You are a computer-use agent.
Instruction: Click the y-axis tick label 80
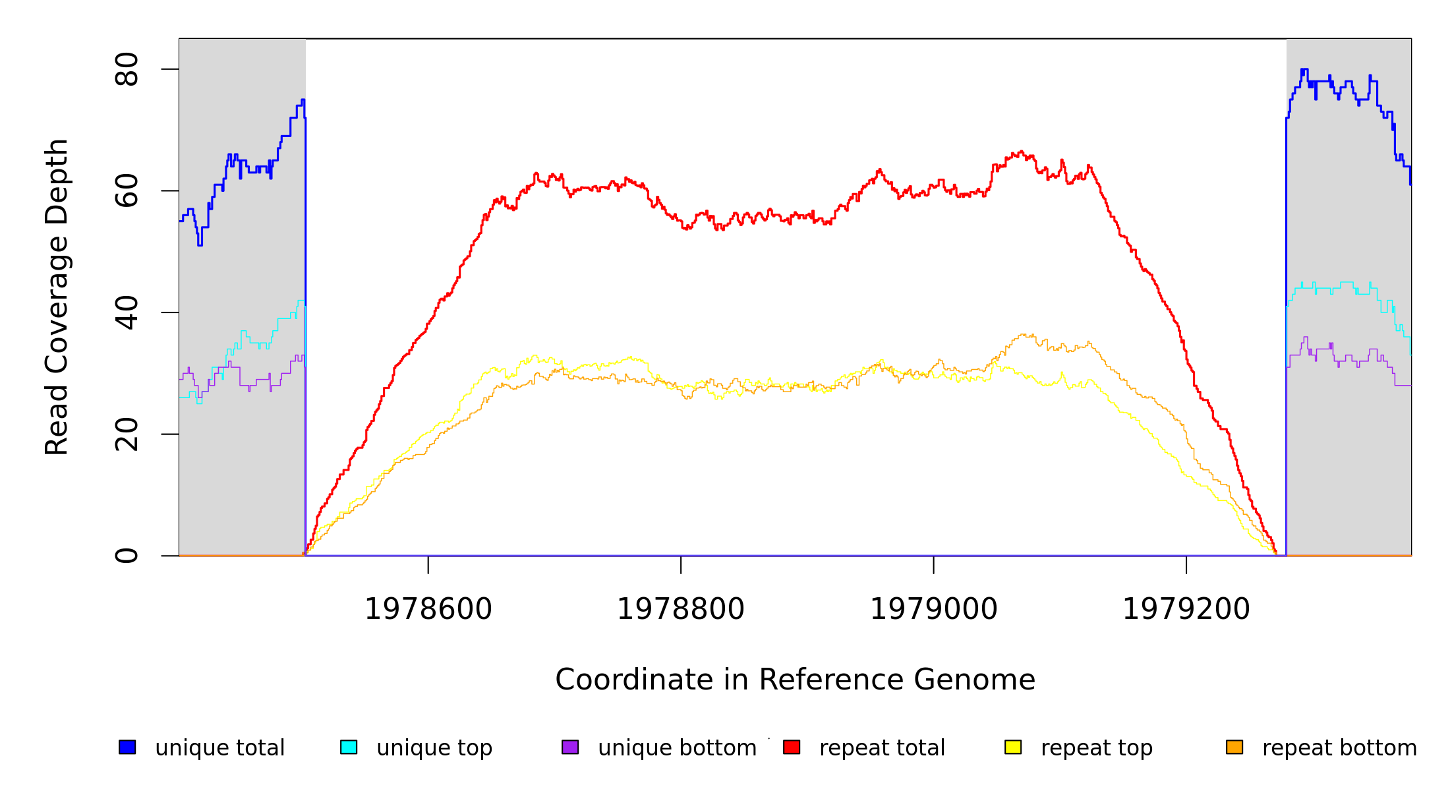127,69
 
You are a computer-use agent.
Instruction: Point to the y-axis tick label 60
127,191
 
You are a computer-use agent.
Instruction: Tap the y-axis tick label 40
127,312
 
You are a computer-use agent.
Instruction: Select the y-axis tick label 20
127,434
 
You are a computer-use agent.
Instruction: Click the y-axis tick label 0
127,556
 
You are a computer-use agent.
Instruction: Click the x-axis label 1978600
428,609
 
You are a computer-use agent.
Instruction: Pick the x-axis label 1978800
681,609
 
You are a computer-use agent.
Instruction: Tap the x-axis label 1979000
934,609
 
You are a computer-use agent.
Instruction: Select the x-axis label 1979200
1186,609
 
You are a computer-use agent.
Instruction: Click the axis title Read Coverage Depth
57,297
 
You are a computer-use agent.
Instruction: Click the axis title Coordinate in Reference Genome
795,680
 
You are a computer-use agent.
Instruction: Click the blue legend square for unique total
127,747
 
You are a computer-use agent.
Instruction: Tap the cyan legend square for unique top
349,747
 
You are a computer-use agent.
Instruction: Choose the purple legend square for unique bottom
570,747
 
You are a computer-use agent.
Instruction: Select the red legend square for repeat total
792,747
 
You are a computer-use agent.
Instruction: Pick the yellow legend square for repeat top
1013,747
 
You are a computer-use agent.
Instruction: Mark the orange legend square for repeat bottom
1234,747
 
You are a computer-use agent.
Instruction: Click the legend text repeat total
882,748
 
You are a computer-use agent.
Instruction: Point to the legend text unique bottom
677,748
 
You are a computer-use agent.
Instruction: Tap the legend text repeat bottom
1339,748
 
